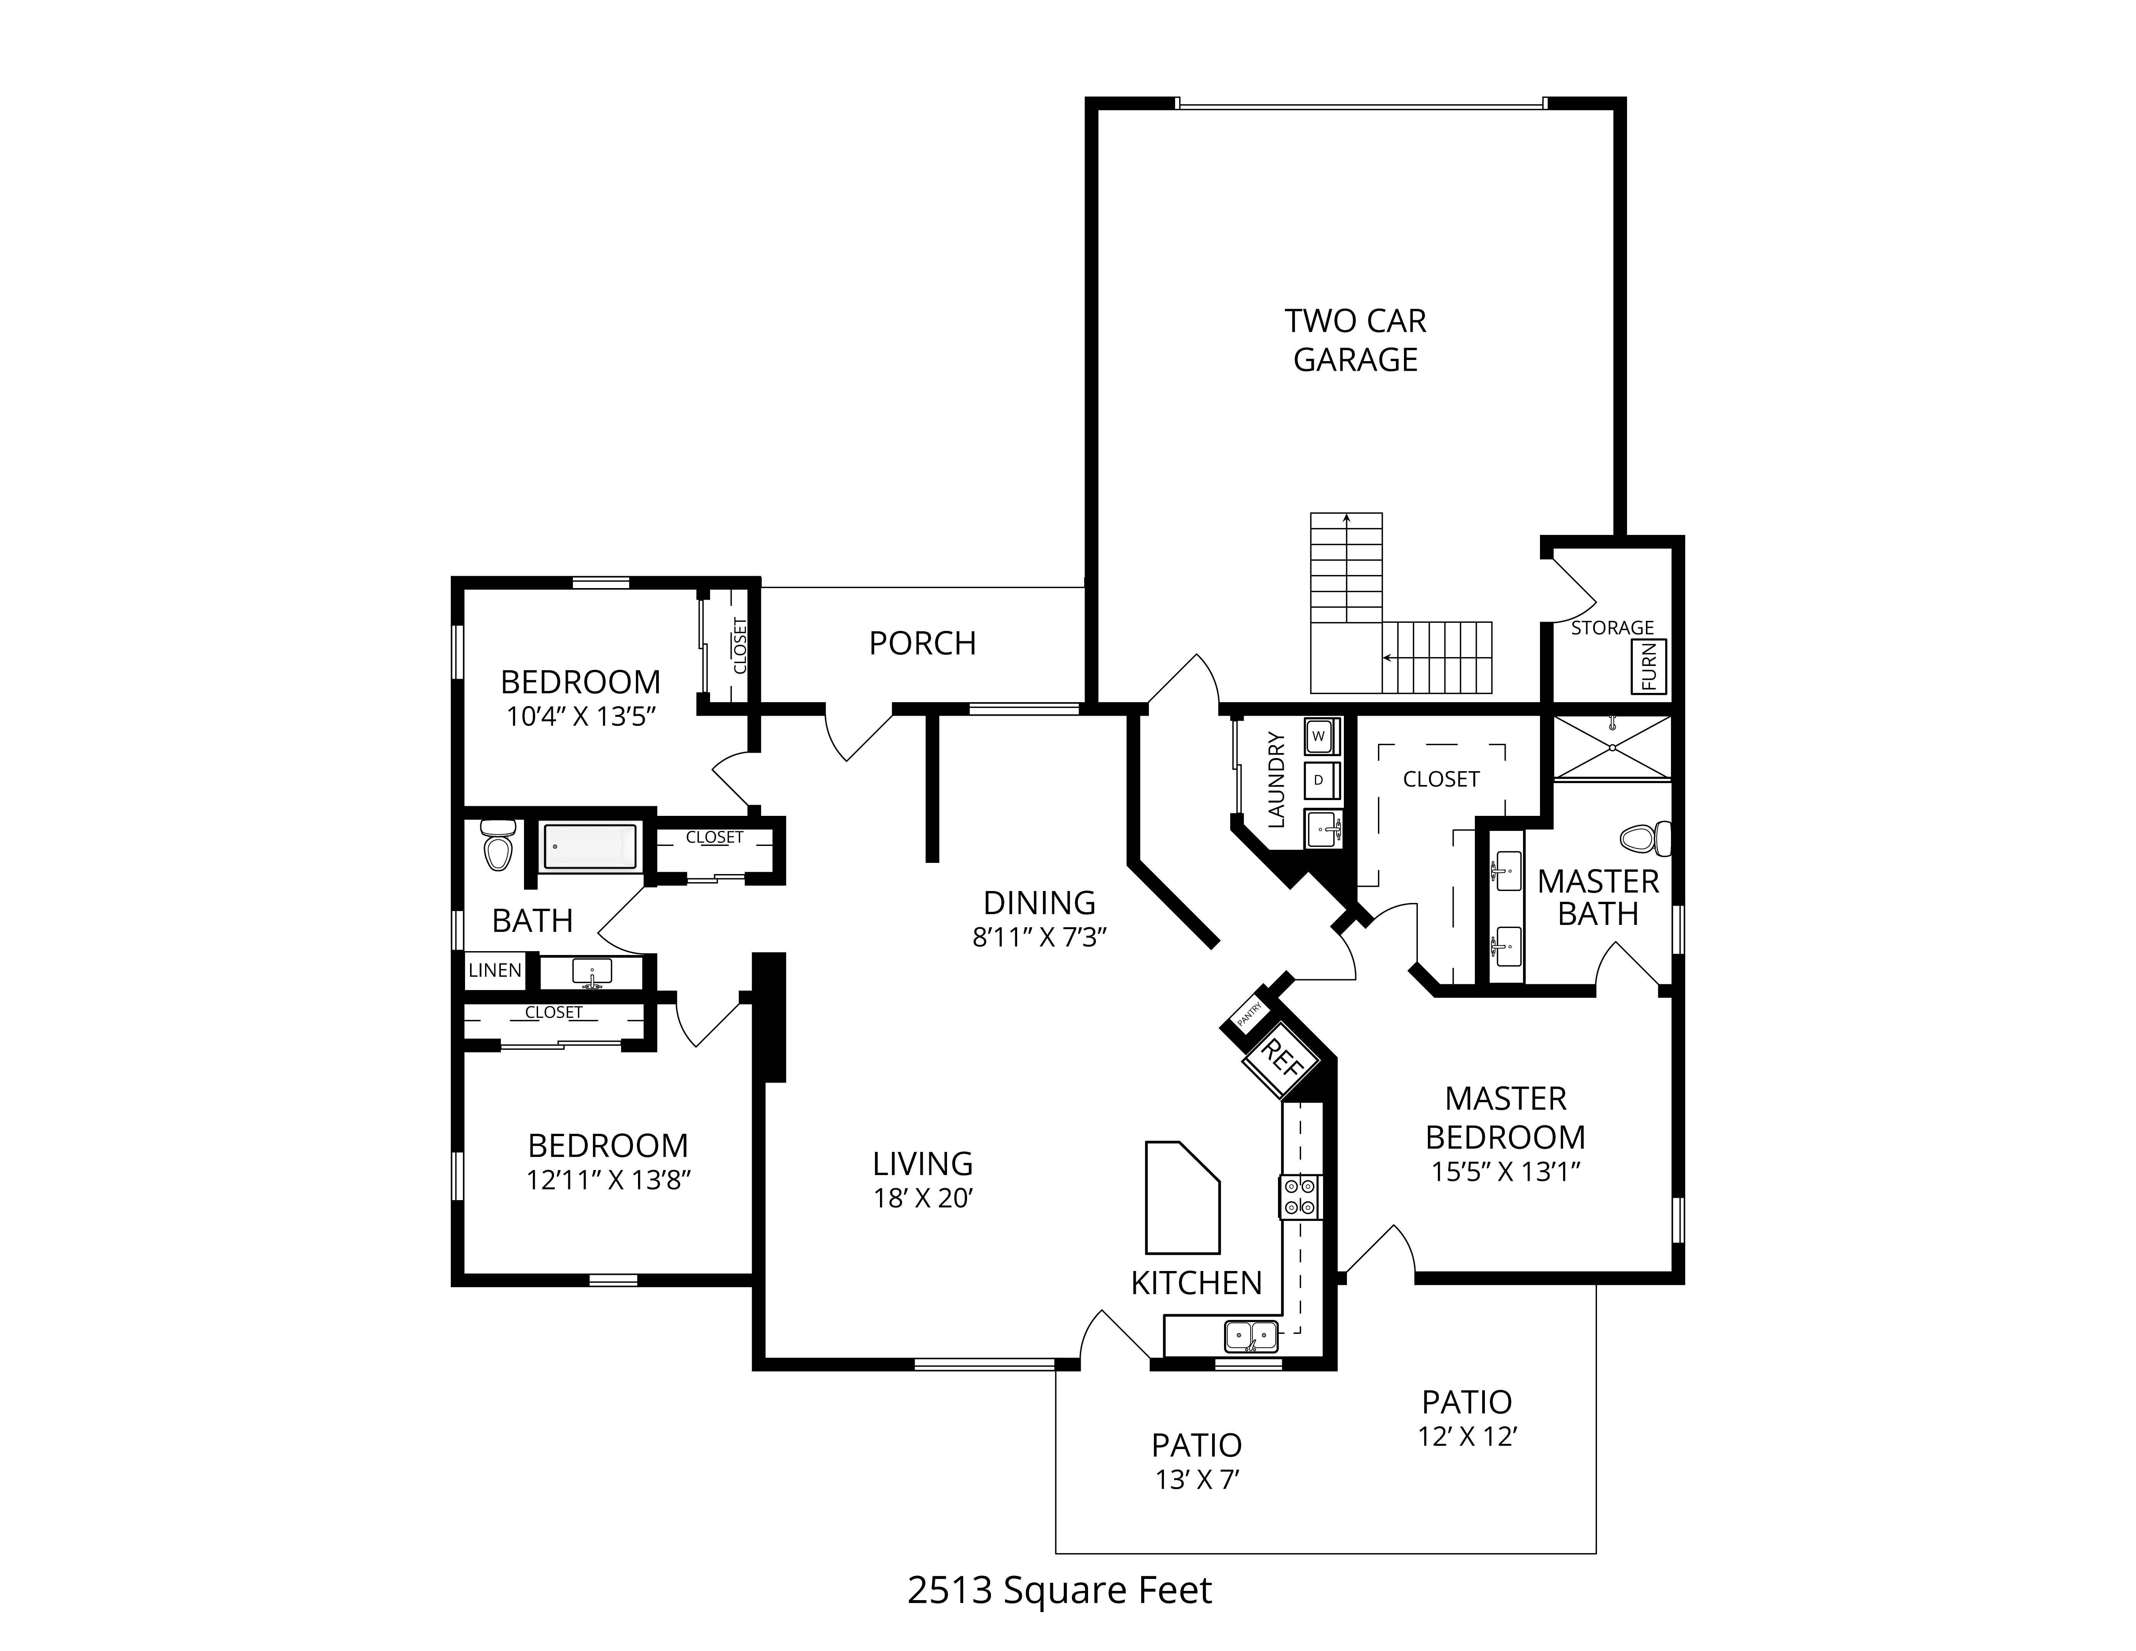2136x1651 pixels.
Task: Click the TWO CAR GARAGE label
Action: (1355, 340)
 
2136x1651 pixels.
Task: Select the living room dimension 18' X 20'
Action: (922, 1198)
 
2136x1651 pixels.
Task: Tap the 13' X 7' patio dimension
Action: (1197, 1480)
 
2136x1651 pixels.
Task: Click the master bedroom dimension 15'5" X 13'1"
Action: (1506, 1172)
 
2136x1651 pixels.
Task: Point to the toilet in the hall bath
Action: (498, 845)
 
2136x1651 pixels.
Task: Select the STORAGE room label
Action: (1612, 628)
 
